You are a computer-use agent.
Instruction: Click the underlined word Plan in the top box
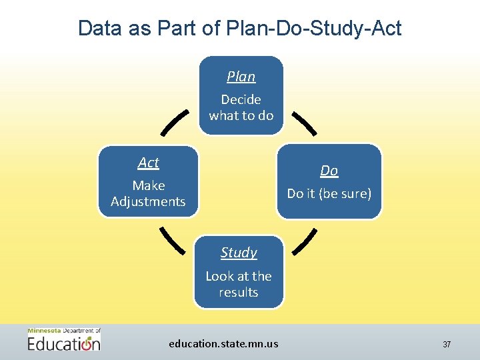point(241,77)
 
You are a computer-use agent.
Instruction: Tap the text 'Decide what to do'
point(241,107)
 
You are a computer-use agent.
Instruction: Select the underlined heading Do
point(329,171)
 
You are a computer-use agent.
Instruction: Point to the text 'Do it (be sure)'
point(329,193)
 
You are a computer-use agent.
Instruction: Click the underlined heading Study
point(239,253)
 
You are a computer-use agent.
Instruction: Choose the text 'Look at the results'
point(239,284)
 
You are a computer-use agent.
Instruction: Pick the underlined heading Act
point(148,163)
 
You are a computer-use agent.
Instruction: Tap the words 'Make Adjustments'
point(148,193)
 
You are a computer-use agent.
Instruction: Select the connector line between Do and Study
point(305,242)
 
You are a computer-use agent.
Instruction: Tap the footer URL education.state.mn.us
point(223,344)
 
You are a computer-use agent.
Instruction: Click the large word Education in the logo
point(64,343)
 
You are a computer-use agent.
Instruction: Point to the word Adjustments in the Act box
point(148,201)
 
